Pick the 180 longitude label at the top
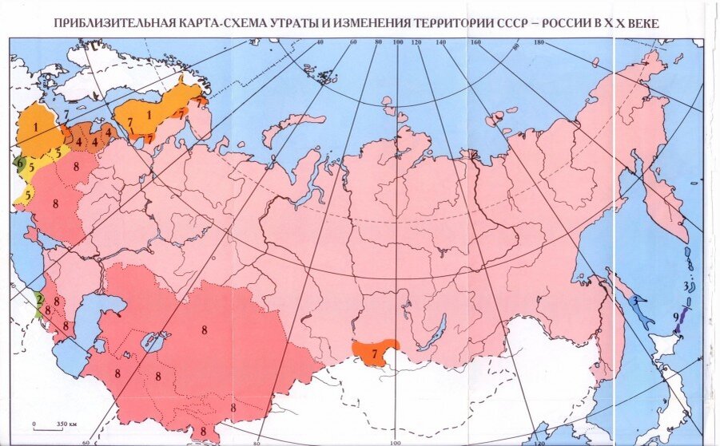[x=538, y=41]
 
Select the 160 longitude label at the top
[x=475, y=41]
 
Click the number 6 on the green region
[x=18, y=163]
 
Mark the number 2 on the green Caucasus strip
[x=38, y=298]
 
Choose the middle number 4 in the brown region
[x=93, y=143]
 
